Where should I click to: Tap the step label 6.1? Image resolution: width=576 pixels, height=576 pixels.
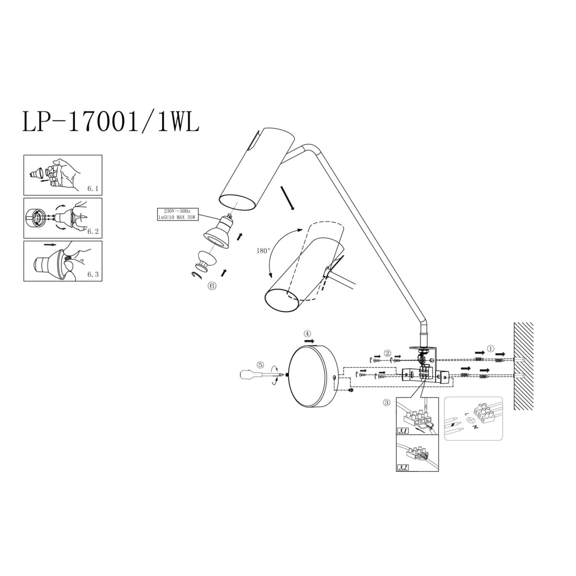pyautogui.click(x=93, y=189)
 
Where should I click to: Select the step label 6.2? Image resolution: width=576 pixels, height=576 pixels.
pyautogui.click(x=93, y=231)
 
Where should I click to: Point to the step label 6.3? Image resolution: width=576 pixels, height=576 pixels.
pyautogui.click(x=93, y=275)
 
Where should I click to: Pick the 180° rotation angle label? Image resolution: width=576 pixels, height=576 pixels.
pyautogui.click(x=263, y=251)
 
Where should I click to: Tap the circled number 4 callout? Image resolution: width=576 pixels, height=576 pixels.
pyautogui.click(x=307, y=333)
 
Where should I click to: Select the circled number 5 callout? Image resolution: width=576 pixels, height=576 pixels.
pyautogui.click(x=260, y=365)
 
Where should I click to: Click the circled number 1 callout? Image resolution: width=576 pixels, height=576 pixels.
pyautogui.click(x=490, y=348)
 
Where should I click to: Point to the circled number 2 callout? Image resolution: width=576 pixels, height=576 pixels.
pyautogui.click(x=387, y=353)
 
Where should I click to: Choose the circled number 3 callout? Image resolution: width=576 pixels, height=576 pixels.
pyautogui.click(x=386, y=403)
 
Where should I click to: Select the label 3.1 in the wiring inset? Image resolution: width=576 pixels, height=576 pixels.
pyautogui.click(x=403, y=432)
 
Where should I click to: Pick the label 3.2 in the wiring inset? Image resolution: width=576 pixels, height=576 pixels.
pyautogui.click(x=403, y=467)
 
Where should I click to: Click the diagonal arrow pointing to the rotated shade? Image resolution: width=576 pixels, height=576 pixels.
pyautogui.click(x=288, y=198)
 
